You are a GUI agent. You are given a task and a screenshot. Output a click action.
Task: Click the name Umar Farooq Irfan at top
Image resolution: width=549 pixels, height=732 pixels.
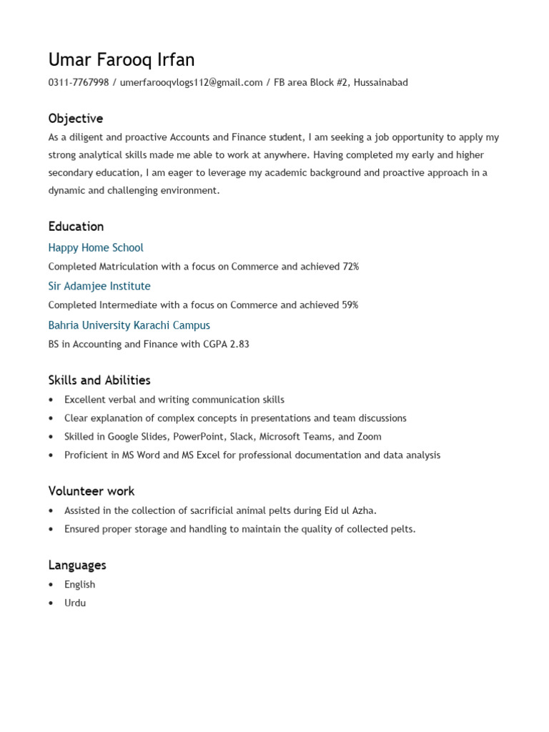point(122,59)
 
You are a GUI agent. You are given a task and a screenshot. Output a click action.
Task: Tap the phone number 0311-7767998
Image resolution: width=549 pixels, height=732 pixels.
point(79,82)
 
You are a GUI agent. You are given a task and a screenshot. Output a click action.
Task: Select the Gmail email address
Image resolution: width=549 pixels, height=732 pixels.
point(191,82)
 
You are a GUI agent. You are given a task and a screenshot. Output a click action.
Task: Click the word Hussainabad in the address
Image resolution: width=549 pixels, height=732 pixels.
point(380,82)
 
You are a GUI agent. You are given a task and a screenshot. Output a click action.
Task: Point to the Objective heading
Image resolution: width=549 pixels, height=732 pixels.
point(76,119)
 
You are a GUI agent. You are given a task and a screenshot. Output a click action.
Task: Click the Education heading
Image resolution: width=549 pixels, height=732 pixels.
point(76,227)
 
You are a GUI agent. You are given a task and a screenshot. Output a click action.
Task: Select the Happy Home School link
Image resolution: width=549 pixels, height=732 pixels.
point(96,248)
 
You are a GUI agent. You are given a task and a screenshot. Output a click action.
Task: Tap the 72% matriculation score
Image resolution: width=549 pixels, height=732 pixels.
point(350,267)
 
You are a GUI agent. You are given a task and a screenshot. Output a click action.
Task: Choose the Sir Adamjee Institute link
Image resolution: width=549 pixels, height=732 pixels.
point(99,287)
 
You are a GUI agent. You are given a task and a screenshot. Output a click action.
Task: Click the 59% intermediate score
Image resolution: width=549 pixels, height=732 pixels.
point(350,305)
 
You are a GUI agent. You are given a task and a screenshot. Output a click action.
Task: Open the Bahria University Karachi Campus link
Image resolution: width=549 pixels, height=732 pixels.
point(129,325)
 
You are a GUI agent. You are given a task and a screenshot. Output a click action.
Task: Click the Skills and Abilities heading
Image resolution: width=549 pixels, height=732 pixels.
point(99,380)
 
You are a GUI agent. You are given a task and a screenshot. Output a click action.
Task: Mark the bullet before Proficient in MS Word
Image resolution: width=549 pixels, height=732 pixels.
point(51,455)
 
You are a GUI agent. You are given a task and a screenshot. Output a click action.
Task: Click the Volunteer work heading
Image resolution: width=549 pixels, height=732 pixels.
point(91,491)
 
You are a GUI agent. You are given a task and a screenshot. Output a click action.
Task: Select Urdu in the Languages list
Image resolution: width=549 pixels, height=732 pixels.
point(75,603)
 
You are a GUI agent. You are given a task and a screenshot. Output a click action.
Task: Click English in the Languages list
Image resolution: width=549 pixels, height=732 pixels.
point(79,585)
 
